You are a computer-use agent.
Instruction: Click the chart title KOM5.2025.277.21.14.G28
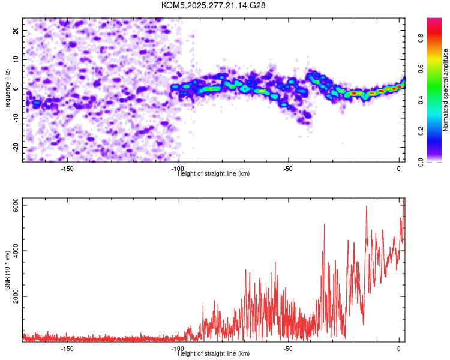[214, 5]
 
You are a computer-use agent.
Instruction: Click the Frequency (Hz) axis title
[8, 88]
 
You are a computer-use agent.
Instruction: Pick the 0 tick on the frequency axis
[18, 89]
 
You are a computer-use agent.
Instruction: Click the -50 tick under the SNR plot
[288, 349]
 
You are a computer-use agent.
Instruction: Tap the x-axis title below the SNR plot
[214, 354]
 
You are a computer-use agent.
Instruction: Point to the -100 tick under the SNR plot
[178, 349]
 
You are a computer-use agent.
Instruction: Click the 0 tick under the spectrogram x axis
[399, 169]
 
